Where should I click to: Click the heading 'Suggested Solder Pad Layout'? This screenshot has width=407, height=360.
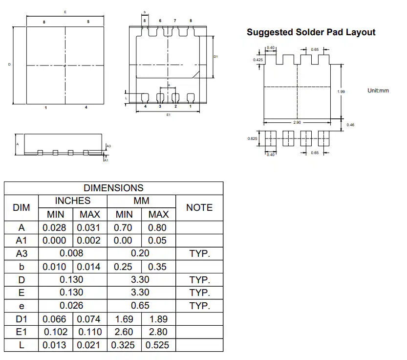(x=311, y=32)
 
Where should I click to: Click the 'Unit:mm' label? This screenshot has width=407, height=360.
(x=378, y=90)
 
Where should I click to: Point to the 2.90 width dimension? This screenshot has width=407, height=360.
(x=297, y=122)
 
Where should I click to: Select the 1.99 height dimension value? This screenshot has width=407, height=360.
(x=341, y=91)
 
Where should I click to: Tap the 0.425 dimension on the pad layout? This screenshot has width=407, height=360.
(x=258, y=60)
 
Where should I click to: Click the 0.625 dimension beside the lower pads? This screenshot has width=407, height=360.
(x=252, y=138)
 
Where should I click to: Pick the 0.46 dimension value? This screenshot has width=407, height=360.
(x=350, y=125)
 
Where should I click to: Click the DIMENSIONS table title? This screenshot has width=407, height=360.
(x=113, y=188)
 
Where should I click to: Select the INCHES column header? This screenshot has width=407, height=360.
(x=73, y=201)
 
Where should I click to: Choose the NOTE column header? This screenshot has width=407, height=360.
(x=199, y=207)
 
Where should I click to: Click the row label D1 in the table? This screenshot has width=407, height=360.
(x=21, y=319)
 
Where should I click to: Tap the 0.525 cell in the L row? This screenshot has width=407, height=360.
(x=157, y=345)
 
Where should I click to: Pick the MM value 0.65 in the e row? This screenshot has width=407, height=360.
(x=140, y=305)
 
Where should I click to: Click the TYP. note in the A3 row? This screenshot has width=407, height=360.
(x=199, y=253)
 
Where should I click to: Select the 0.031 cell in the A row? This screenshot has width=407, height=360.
(x=88, y=228)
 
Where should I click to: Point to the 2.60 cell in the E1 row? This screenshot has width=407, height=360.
(x=124, y=332)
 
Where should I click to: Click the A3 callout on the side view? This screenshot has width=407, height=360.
(x=109, y=146)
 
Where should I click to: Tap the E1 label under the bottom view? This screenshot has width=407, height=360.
(x=169, y=114)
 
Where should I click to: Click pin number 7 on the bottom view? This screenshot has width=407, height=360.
(x=175, y=21)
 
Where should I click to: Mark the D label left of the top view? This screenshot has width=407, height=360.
(x=9, y=64)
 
